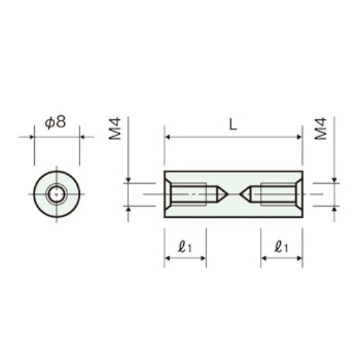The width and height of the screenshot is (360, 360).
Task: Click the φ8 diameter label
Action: click(x=56, y=122)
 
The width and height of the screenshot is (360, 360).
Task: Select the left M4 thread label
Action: click(x=115, y=128)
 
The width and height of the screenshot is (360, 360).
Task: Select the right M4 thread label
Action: click(x=321, y=128)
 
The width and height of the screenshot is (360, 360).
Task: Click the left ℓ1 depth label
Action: click(x=185, y=247)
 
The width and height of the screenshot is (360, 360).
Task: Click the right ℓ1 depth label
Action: click(x=281, y=247)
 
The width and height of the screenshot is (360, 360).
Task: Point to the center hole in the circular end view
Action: click(x=56, y=194)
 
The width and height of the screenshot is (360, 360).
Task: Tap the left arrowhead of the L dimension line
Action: click(x=167, y=137)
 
